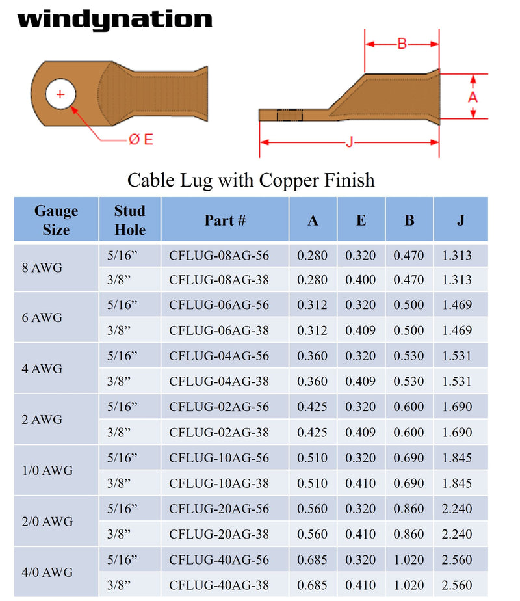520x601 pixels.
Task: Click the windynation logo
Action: pos(114,20)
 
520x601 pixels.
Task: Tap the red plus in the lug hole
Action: pos(60,95)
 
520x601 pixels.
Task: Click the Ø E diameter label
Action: pos(140,139)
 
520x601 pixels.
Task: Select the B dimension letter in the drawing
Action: pos(402,44)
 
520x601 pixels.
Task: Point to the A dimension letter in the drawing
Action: pos(473,97)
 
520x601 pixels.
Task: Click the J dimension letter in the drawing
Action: pos(349,142)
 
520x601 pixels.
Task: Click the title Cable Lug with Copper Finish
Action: pos(251,180)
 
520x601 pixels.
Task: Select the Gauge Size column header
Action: pos(56,220)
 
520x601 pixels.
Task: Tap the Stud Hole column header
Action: pos(129,220)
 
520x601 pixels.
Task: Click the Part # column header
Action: pos(225,220)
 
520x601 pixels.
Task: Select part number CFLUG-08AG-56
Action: pos(218,255)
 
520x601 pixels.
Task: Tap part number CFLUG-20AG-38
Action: pos(218,534)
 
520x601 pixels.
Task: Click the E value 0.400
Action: pos(361,280)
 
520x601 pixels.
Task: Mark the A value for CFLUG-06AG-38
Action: pos(313,331)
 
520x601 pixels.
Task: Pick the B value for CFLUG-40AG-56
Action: pos(409,559)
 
